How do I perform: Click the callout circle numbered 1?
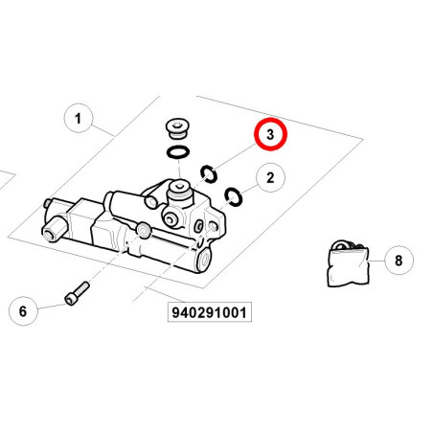[x=79, y=118]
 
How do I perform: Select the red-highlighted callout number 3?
[x=270, y=134]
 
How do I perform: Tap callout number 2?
[x=270, y=177]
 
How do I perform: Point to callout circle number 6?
[x=23, y=311]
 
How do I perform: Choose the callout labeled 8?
[x=399, y=261]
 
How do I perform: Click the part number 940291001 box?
[x=210, y=312]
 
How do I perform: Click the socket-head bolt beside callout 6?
[x=77, y=293]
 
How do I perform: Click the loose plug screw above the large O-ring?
[x=178, y=129]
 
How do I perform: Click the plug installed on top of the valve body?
[x=180, y=193]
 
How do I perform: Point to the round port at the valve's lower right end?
[x=205, y=260]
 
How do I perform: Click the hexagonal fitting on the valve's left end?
[x=55, y=228]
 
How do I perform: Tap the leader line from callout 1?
[x=103, y=130]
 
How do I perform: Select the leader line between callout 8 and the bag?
[x=376, y=261]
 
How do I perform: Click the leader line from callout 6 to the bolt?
[x=52, y=307]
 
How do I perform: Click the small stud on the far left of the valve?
[x=47, y=203]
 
